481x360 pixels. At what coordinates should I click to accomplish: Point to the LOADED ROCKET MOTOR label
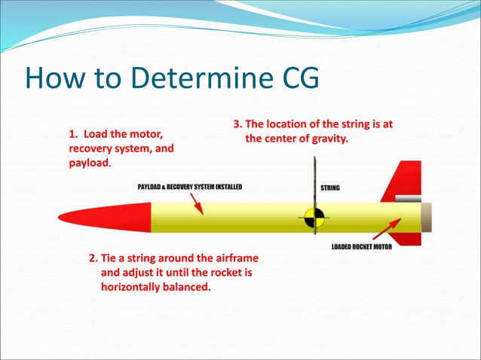point(361,247)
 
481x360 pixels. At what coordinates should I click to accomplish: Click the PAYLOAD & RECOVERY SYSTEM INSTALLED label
point(189,187)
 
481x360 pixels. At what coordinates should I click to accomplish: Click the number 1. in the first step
point(74,134)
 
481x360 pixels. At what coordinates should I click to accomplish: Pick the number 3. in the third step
point(237,124)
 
